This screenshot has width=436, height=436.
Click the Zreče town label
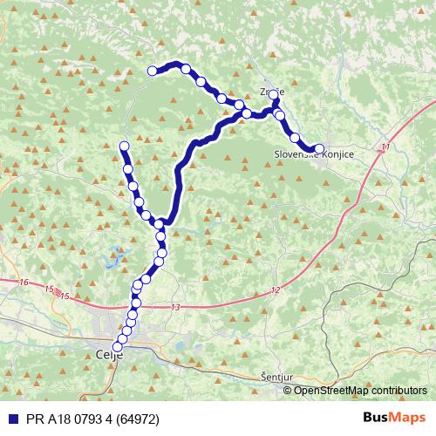click(271, 90)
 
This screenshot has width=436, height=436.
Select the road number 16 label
click(23, 283)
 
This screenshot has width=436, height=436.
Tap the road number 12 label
click(276, 289)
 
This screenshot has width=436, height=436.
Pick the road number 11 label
click(385, 149)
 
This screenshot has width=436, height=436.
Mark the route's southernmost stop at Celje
click(118, 347)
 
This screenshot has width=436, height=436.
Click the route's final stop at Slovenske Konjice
click(318, 148)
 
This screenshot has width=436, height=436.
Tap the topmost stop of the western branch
click(124, 146)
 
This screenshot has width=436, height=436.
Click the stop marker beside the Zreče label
click(273, 94)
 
